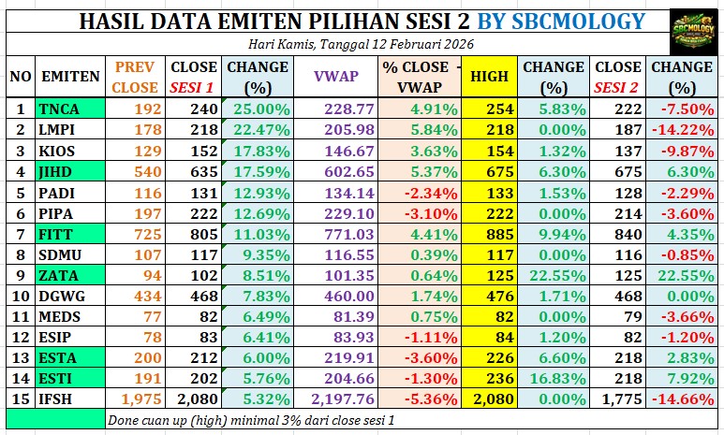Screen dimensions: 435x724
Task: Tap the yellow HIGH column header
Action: tap(490, 77)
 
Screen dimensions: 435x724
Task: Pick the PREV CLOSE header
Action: tap(135, 77)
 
